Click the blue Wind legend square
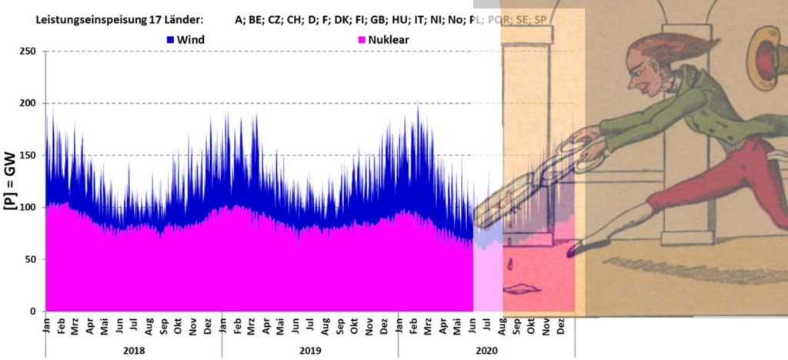click(x=171, y=38)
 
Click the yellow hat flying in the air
click(x=766, y=54)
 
